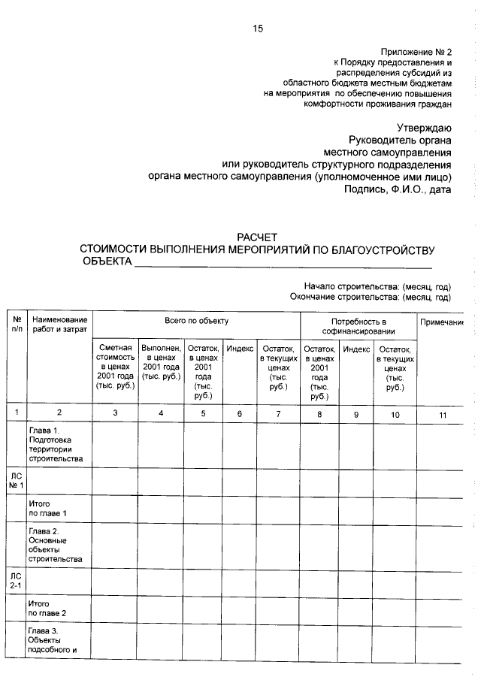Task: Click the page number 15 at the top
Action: tap(258, 29)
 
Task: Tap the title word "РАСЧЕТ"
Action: tap(258, 237)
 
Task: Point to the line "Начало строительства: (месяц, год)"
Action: tap(377, 286)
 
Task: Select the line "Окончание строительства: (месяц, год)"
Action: tap(370, 297)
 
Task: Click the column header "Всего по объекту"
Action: tap(196, 321)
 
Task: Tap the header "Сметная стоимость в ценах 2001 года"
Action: tap(115, 365)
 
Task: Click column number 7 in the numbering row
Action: tap(278, 412)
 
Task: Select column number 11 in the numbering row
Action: tap(442, 412)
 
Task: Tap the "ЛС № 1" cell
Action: tap(16, 480)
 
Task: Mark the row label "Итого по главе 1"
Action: tap(47, 508)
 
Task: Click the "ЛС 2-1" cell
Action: tap(16, 581)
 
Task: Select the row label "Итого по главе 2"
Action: tap(47, 608)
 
